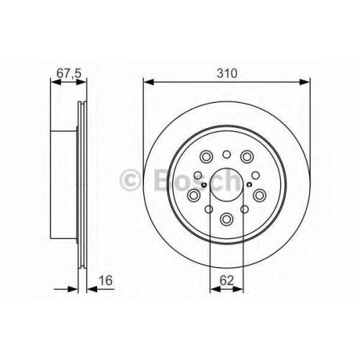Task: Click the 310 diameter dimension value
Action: [227, 73]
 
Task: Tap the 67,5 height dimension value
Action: [69, 73]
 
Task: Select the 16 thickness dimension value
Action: [106, 280]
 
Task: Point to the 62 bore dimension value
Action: [227, 280]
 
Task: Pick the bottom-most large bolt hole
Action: [227, 219]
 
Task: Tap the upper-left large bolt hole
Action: [206, 157]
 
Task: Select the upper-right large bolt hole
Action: [247, 157]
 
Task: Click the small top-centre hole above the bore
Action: [227, 155]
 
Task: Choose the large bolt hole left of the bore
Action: [194, 195]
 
